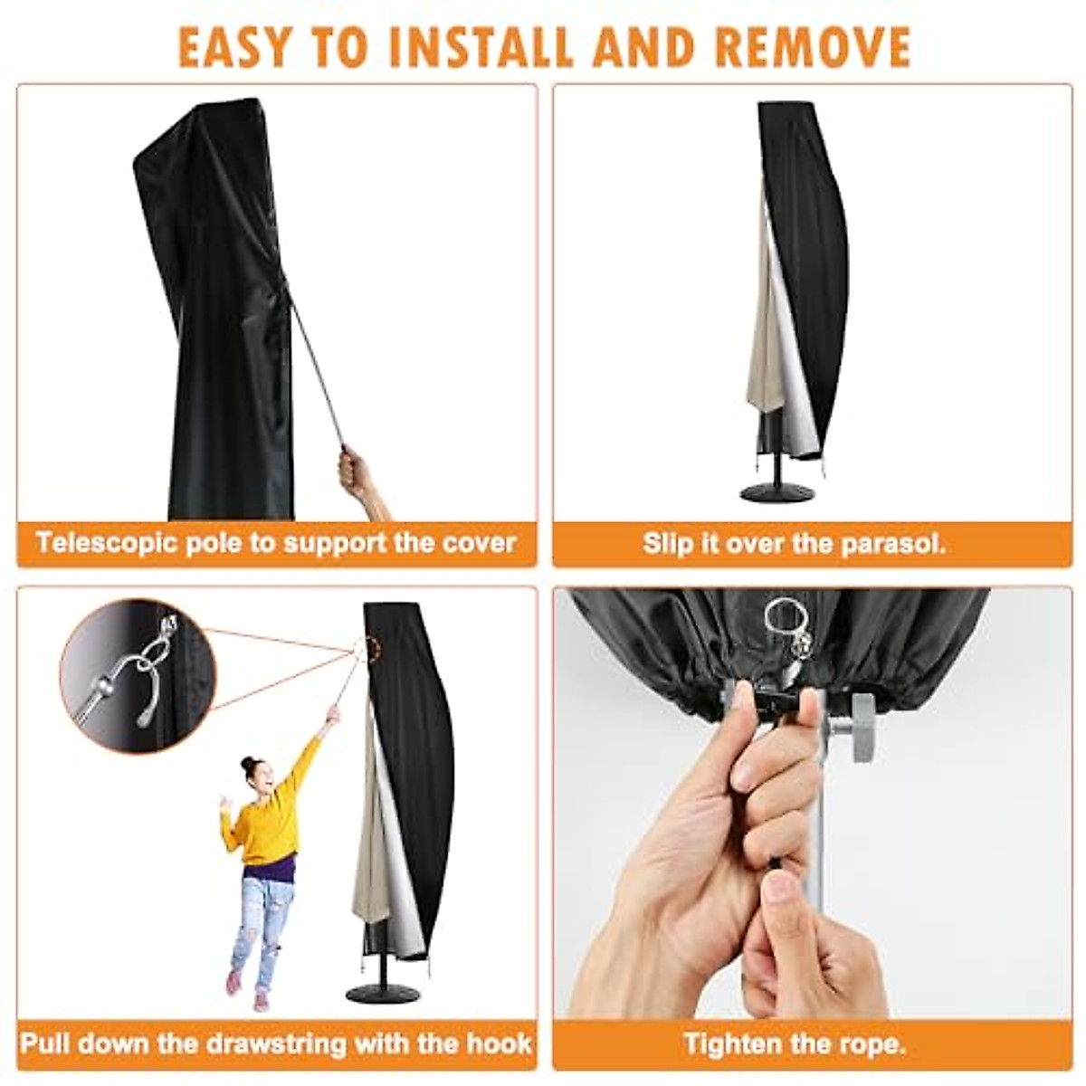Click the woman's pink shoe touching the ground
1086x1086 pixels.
click(261, 999)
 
